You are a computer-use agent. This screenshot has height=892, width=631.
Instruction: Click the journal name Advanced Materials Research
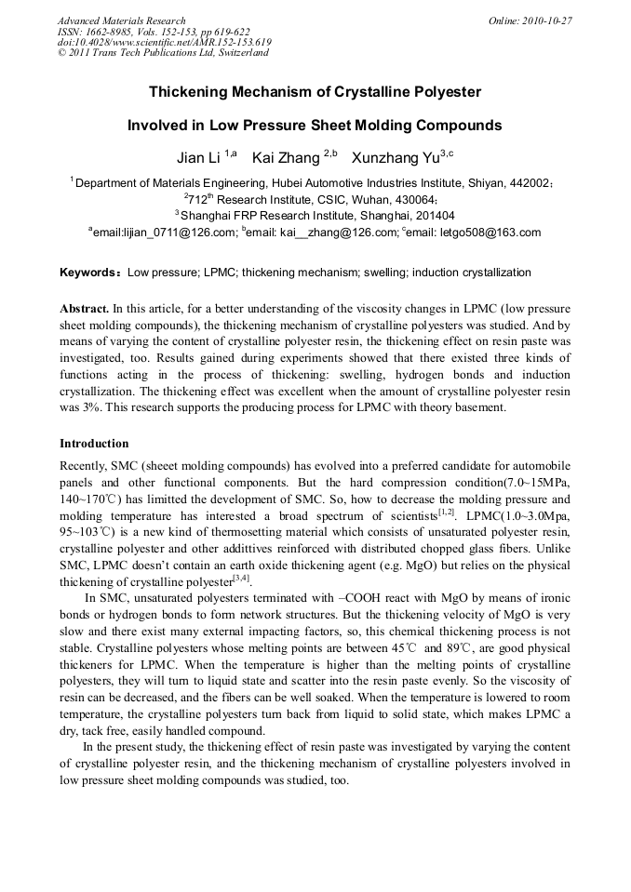tap(122, 20)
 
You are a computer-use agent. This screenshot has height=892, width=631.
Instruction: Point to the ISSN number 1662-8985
tap(118, 32)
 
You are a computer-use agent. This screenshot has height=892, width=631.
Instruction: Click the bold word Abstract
tap(85, 307)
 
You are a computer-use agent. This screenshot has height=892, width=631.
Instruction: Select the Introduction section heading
tap(94, 444)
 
